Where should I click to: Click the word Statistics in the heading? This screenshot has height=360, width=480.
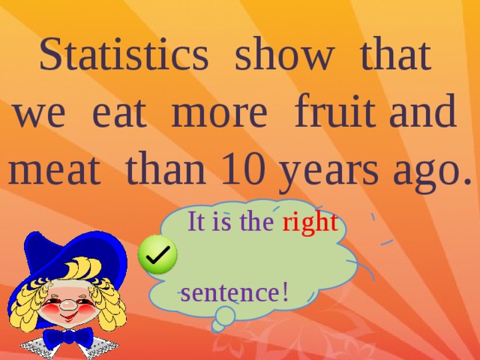tap(123, 56)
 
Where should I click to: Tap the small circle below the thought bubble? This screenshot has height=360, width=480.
tap(220, 325)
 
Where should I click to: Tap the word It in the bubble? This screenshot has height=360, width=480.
tap(196, 223)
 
